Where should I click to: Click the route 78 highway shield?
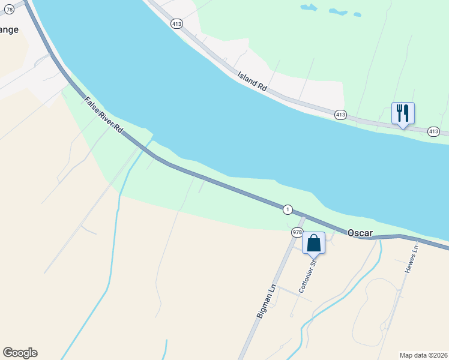tap(8, 10)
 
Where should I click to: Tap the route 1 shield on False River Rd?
tap(288, 209)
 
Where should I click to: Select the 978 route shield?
tap(297, 232)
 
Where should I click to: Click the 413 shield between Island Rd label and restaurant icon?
tap(340, 114)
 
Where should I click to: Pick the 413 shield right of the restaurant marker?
tap(433, 131)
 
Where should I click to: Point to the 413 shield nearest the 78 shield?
tap(176, 24)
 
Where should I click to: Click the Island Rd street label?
tap(252, 81)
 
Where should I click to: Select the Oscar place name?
tap(360, 232)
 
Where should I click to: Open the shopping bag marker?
tap(313, 243)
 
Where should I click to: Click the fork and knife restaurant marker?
tap(403, 113)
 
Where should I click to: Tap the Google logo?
tap(20, 353)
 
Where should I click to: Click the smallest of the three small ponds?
tap(357, 14)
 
